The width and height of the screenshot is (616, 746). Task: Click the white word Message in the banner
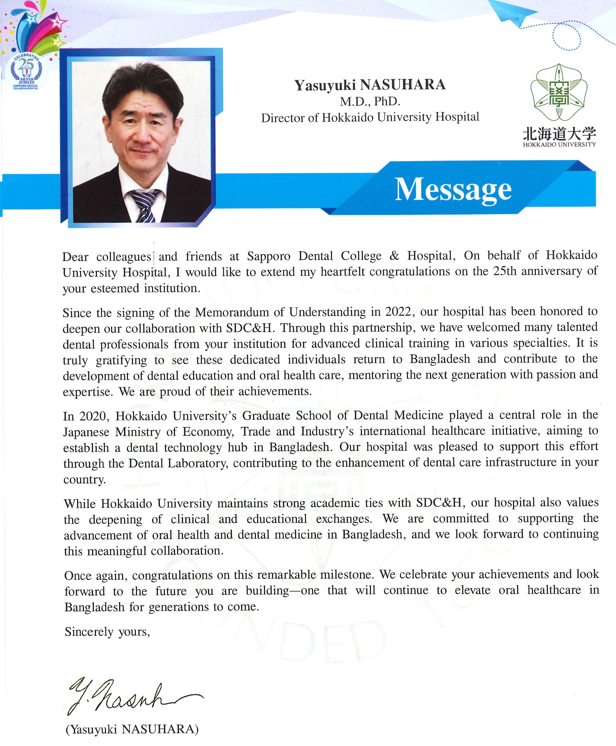(453, 189)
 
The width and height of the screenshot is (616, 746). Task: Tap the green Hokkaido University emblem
(559, 92)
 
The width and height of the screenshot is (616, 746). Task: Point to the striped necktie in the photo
(144, 205)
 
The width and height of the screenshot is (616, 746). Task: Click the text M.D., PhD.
(370, 101)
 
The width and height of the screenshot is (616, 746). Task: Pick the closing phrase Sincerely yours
(107, 632)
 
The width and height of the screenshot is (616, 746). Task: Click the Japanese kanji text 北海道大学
(559, 133)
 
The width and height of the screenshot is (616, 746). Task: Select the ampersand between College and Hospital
(394, 256)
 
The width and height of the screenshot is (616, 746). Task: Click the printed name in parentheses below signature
(132, 729)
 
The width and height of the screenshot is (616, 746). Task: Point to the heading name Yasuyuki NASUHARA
(370, 85)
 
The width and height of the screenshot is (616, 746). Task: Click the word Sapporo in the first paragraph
(268, 256)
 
